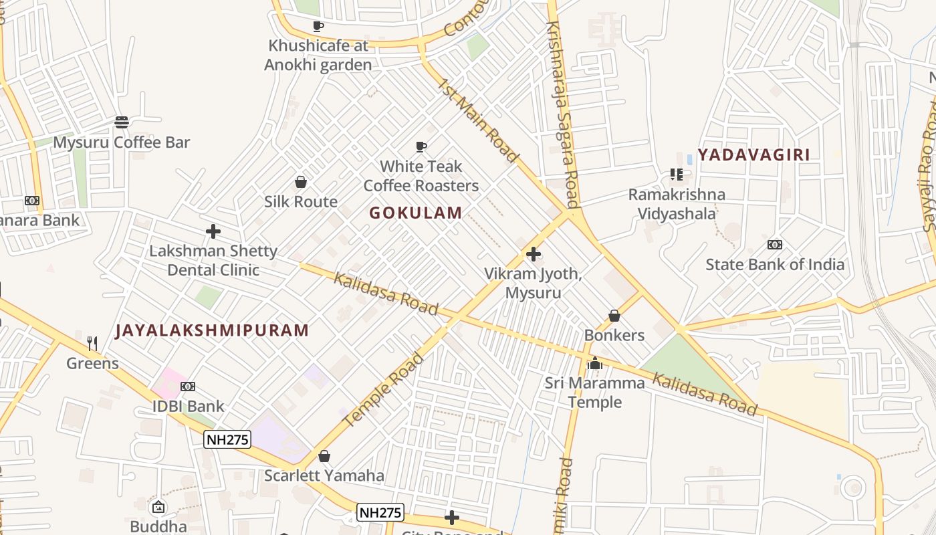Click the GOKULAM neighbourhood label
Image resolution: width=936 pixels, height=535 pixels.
coord(415,213)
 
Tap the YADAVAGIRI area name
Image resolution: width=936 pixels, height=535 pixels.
coord(753,154)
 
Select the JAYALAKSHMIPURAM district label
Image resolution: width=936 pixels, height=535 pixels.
coord(212,330)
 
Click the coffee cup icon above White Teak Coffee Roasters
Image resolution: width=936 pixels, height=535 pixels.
coord(421,146)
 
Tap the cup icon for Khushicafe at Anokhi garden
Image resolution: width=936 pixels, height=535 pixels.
coord(318,26)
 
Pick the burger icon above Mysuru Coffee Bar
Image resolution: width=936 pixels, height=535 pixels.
coord(121,122)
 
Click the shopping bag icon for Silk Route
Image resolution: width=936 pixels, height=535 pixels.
coord(301,182)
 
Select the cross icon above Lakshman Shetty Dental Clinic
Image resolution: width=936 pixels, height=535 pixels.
coord(213,231)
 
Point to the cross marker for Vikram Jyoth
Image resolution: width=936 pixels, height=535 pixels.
coord(533,254)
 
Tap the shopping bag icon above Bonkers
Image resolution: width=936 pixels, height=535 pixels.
coord(614,316)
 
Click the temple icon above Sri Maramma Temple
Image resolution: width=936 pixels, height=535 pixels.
coord(594,364)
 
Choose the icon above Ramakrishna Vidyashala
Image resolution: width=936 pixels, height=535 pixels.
coord(676,175)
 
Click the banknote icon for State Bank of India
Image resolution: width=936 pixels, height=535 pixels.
coord(775,245)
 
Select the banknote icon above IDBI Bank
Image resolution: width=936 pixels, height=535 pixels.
coord(188,387)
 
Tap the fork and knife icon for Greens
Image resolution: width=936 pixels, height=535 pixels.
coord(92,344)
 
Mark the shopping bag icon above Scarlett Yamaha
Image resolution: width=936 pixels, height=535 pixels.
coord(324,456)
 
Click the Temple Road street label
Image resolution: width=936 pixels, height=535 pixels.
coord(383,390)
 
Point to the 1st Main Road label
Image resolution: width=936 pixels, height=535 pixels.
coord(478,120)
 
